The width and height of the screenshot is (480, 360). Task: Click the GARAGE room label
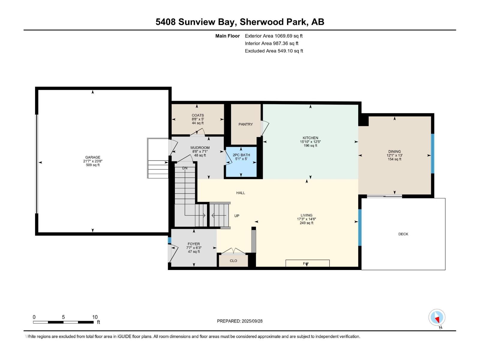93,157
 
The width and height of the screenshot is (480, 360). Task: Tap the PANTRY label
246,124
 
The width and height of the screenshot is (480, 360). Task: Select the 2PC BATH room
241,162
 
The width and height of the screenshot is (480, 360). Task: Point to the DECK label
403,234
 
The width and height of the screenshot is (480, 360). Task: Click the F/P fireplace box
307,263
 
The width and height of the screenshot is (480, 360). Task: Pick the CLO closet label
233,260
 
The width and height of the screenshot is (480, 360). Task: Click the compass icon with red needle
437,317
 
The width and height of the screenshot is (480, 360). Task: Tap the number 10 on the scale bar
95,317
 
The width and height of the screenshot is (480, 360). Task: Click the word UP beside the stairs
237,216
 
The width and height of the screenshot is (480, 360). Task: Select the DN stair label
185,168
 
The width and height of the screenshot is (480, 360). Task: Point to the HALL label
241,193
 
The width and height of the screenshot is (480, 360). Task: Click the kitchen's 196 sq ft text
310,145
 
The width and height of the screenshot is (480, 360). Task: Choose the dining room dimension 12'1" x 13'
394,155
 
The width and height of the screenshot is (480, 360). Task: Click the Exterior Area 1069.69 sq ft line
274,36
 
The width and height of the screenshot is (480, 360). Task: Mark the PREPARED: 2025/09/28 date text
240,321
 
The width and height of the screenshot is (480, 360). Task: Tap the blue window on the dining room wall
432,153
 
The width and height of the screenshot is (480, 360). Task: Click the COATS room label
198,115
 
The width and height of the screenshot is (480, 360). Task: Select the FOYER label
194,244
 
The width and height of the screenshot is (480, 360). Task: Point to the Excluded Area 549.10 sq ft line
274,51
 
